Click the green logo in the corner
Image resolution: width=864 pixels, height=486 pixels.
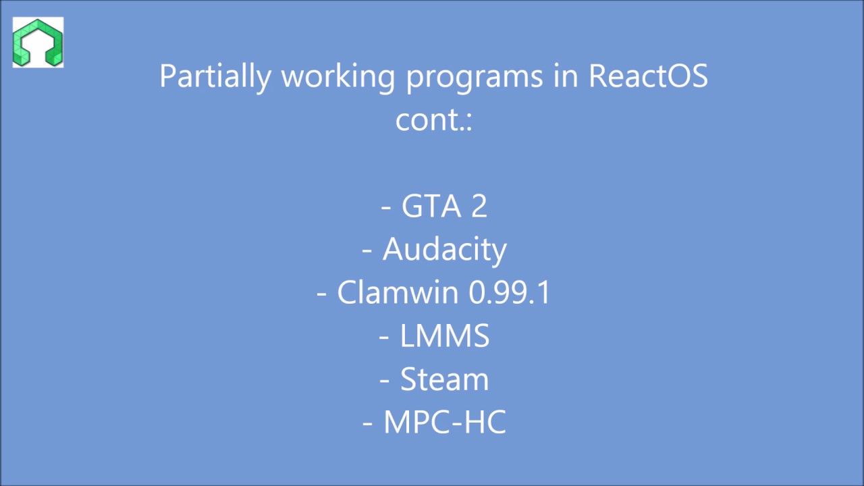pyautogui.click(x=38, y=43)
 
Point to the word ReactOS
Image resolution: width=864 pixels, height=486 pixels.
pyautogui.click(x=648, y=76)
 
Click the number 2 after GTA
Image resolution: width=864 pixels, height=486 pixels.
pyautogui.click(x=479, y=207)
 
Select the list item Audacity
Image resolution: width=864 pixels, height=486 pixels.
pyautogui.click(x=444, y=250)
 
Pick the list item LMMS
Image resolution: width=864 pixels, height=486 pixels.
pyautogui.click(x=444, y=336)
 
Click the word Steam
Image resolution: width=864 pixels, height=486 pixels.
pyautogui.click(x=444, y=379)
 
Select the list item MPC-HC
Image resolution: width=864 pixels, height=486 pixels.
pyautogui.click(x=444, y=423)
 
